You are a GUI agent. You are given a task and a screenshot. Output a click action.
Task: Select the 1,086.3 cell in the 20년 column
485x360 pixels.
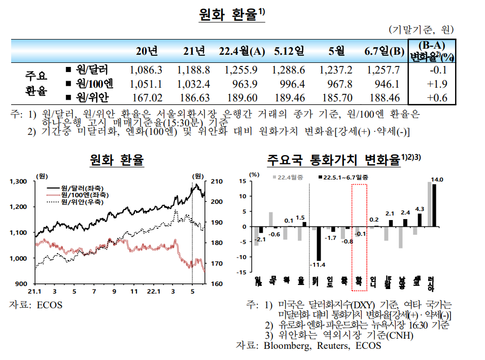(146, 70)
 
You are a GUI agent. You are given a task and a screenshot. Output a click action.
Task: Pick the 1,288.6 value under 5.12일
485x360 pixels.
(288, 70)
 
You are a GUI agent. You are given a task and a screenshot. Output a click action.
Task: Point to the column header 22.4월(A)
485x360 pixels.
(242, 51)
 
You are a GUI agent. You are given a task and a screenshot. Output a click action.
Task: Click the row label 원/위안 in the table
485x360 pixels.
(91, 98)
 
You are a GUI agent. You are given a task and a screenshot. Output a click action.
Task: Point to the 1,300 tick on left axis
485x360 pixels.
(19, 181)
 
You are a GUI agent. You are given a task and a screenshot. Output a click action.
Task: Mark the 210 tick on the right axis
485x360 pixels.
(215, 181)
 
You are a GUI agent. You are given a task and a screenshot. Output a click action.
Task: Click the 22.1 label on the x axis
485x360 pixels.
(153, 292)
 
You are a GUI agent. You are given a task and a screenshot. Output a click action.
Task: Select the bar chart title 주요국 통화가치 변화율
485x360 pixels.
(333, 161)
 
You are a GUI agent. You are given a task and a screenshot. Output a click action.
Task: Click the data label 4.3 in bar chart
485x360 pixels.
(420, 208)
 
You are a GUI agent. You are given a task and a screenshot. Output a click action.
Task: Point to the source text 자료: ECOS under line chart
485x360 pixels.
(37, 305)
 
